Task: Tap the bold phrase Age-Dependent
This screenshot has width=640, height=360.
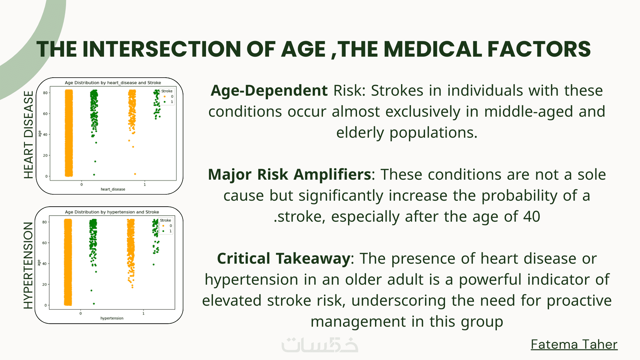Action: (269, 91)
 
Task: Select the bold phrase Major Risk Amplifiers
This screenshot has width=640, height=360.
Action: (289, 174)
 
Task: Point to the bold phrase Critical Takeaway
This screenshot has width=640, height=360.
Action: (283, 259)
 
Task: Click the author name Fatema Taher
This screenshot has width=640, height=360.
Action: (574, 344)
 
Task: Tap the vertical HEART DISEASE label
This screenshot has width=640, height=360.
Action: (29, 135)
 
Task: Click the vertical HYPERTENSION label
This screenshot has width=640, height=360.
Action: (28, 265)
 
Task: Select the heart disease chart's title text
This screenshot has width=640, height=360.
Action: (113, 83)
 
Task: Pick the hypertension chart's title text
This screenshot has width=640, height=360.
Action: (112, 212)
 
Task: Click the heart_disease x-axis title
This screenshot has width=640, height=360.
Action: (113, 189)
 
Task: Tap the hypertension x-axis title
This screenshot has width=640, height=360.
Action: (112, 318)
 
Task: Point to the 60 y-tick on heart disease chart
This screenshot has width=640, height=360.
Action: (45, 114)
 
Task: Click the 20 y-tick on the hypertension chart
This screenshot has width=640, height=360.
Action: (44, 284)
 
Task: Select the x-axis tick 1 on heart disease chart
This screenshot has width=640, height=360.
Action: (145, 184)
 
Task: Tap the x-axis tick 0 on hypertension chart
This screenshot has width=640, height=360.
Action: (81, 313)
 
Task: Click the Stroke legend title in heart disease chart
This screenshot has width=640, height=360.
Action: (167, 91)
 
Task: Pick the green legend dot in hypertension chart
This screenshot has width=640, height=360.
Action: (163, 231)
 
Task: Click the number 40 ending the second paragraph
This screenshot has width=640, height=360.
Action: (531, 217)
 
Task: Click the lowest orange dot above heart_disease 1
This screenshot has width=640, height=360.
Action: (135, 174)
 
